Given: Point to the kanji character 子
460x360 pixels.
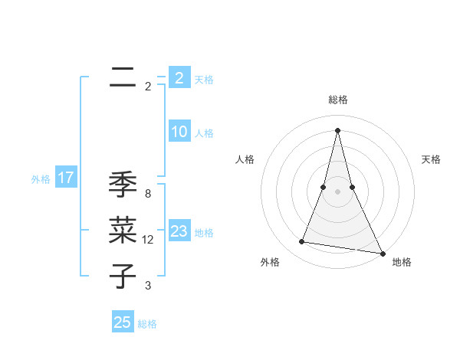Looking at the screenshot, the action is pos(122,276).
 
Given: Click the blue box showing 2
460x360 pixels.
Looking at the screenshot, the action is pos(179,78).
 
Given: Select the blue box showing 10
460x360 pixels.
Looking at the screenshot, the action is pos(179,132).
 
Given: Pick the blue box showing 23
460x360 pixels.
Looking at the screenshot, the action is pos(179,231).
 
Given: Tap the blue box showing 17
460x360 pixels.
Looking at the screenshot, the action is pos(66,178).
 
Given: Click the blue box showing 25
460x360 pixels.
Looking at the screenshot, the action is pos(123,322).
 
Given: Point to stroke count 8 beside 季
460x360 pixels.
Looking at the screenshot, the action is pos(148,194).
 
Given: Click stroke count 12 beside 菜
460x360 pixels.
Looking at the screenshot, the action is pos(148,240).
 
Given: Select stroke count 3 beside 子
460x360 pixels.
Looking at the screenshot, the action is pos(148,286).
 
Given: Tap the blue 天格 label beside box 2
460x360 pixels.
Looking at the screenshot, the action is pos(204,80).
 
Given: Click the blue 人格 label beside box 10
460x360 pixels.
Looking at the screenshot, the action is pos(204,133).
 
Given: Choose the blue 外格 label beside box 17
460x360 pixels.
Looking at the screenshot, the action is pos(41,179).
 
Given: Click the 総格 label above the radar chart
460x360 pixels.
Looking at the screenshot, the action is pos(337,100).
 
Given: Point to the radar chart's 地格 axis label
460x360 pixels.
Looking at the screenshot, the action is pos(402,262).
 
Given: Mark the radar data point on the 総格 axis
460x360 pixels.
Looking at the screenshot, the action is pos(337,129).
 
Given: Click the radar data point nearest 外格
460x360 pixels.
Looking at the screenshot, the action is pos(302,242).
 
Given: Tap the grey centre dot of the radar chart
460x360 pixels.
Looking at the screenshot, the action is pos(337,191).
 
